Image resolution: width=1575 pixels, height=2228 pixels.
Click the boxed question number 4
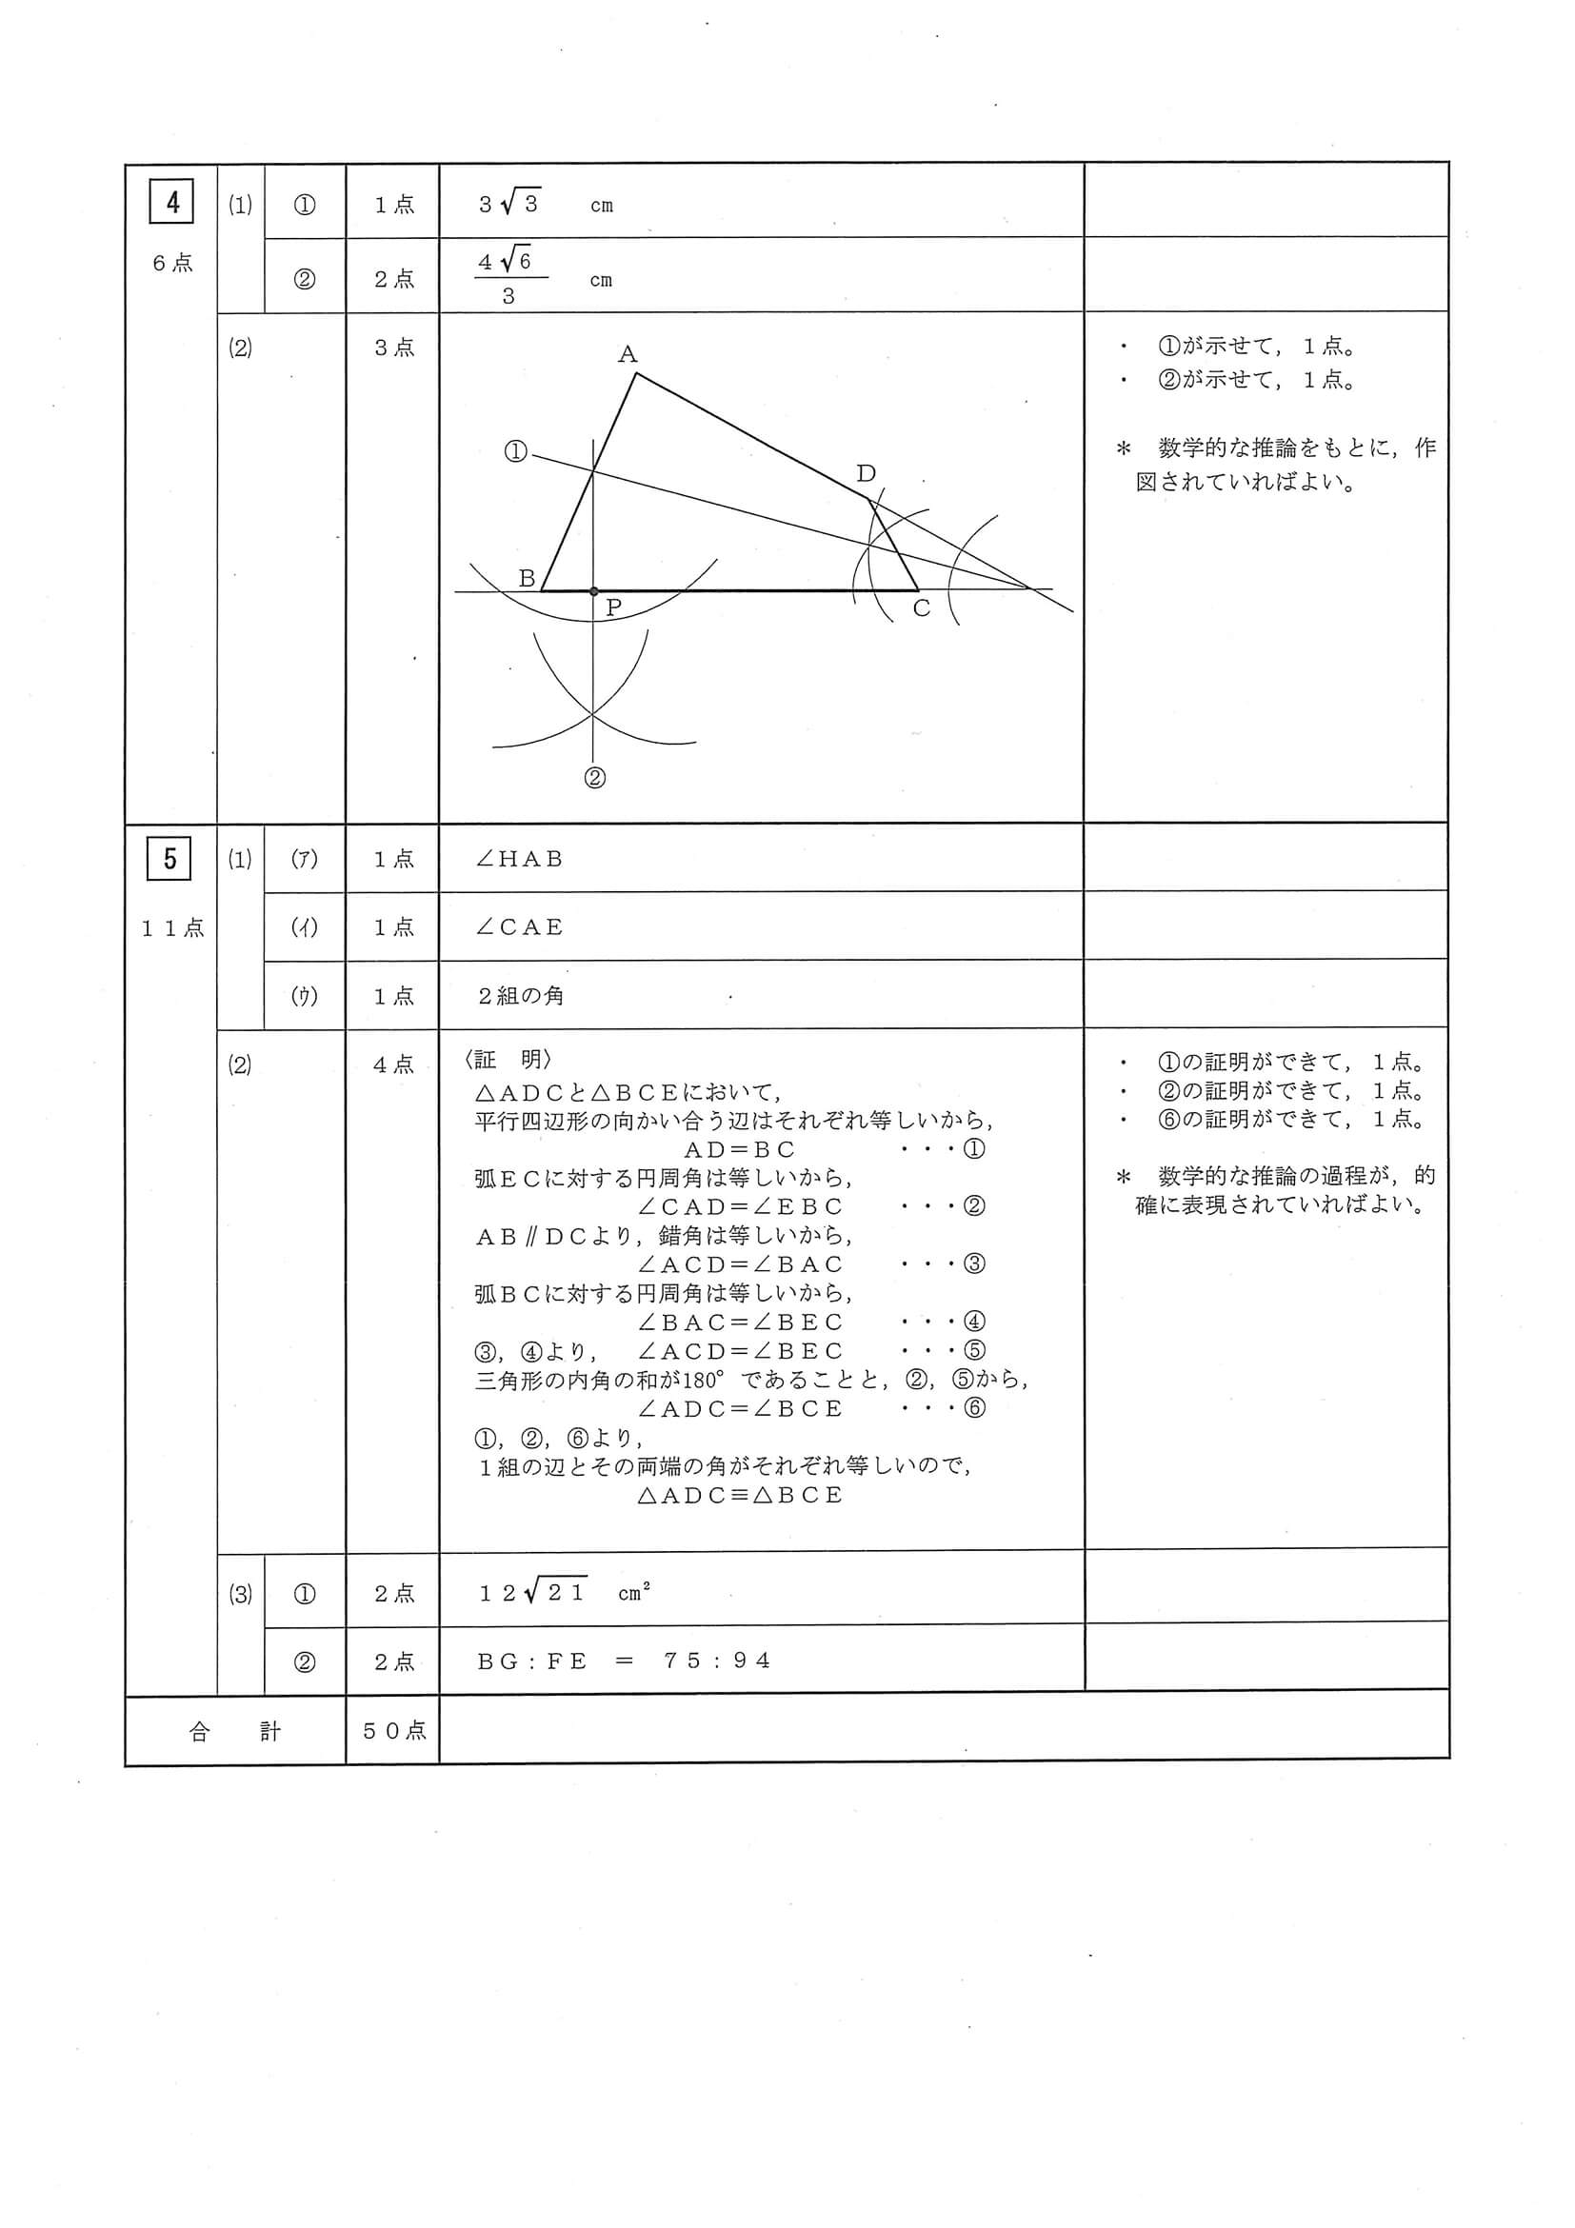[x=172, y=202]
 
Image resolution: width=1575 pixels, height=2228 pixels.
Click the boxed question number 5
[x=169, y=859]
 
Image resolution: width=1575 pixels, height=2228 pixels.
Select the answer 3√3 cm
[x=544, y=205]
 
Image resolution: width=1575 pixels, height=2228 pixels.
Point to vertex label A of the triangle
[x=628, y=354]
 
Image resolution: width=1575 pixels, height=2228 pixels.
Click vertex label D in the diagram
[x=867, y=473]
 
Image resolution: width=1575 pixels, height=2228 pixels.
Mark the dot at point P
[x=594, y=591]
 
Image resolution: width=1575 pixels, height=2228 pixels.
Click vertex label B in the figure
[x=527, y=578]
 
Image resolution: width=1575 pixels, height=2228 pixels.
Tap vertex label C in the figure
[x=922, y=608]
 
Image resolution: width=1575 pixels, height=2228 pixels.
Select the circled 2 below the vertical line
[x=595, y=778]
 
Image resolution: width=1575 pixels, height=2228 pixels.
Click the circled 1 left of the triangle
[x=515, y=451]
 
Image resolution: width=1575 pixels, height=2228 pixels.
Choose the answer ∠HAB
[x=519, y=859]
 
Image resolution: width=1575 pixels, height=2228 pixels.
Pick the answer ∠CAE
[x=519, y=927]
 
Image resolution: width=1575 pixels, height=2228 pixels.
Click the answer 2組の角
[x=520, y=997]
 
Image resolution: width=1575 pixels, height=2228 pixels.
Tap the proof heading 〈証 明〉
[x=508, y=1061]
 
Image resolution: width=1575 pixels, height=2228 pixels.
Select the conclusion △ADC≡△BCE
[x=741, y=1496]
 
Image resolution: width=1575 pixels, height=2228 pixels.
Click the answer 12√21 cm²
[x=564, y=1593]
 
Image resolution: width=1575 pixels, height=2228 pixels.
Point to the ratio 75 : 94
[x=717, y=1661]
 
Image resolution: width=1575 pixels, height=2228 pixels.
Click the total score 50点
[x=394, y=1731]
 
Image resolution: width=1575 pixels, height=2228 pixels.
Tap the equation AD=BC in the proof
[x=741, y=1150]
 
